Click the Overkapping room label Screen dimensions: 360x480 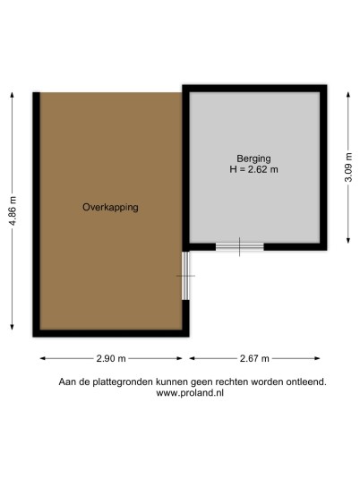click(110, 207)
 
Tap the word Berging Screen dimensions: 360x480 click(253, 159)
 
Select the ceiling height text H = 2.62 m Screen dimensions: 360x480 click(253, 169)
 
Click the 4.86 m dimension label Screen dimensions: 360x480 click(13, 211)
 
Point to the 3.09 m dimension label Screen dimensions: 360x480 click(348, 167)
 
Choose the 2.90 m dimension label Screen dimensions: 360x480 click(111, 358)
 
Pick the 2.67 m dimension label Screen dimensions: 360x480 click(254, 358)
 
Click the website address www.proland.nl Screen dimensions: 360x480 click(190, 393)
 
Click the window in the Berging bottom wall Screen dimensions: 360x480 click(240, 247)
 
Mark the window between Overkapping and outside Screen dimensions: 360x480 click(185, 276)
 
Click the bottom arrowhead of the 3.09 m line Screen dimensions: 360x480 click(348, 241)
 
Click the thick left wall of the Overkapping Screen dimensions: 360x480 click(37, 214)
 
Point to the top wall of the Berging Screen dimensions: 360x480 click(254, 89)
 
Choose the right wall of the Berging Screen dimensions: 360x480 click(323, 167)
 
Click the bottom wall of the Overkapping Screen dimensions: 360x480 click(111, 333)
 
